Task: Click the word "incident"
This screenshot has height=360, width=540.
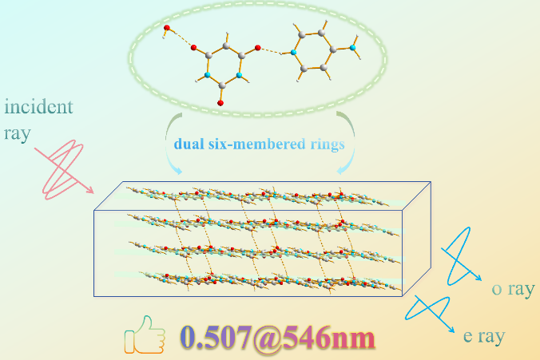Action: click(38, 107)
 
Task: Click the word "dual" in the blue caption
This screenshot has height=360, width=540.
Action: click(190, 144)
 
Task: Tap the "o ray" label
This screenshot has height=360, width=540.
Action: click(511, 290)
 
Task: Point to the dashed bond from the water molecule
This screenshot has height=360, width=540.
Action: click(181, 39)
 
